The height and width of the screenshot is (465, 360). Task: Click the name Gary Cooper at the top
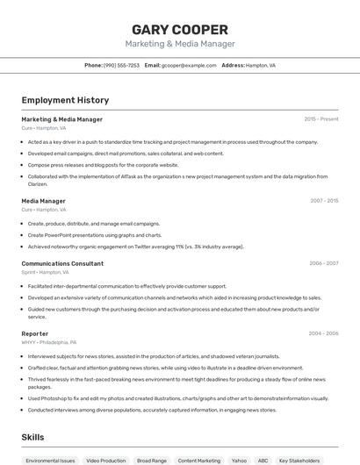click(x=179, y=29)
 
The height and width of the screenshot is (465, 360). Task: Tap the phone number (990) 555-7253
click(x=121, y=65)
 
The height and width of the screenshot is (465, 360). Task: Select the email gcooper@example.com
click(x=189, y=65)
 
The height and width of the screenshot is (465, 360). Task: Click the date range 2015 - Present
click(x=321, y=119)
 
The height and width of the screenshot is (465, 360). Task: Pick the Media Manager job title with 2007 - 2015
click(x=43, y=201)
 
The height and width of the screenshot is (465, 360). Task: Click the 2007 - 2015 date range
click(x=324, y=201)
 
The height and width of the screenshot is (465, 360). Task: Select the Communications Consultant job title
click(x=62, y=263)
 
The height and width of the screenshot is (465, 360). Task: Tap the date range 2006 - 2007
click(x=324, y=263)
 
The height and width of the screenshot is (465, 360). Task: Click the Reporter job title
click(x=34, y=333)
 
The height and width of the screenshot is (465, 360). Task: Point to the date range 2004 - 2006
click(x=324, y=333)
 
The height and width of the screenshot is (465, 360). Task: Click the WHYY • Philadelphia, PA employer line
click(x=48, y=342)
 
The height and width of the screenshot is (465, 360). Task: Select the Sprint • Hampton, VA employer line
click(x=47, y=272)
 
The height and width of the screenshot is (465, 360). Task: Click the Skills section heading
click(x=32, y=437)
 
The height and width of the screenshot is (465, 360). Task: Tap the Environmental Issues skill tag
click(x=50, y=460)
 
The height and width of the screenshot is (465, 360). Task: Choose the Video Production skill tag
click(x=105, y=460)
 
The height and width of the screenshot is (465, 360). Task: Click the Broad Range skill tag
click(x=151, y=460)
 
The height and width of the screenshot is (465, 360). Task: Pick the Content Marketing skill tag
click(x=198, y=460)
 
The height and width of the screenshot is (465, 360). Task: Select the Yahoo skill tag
click(x=239, y=460)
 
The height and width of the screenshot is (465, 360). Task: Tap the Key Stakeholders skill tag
click(x=299, y=460)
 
